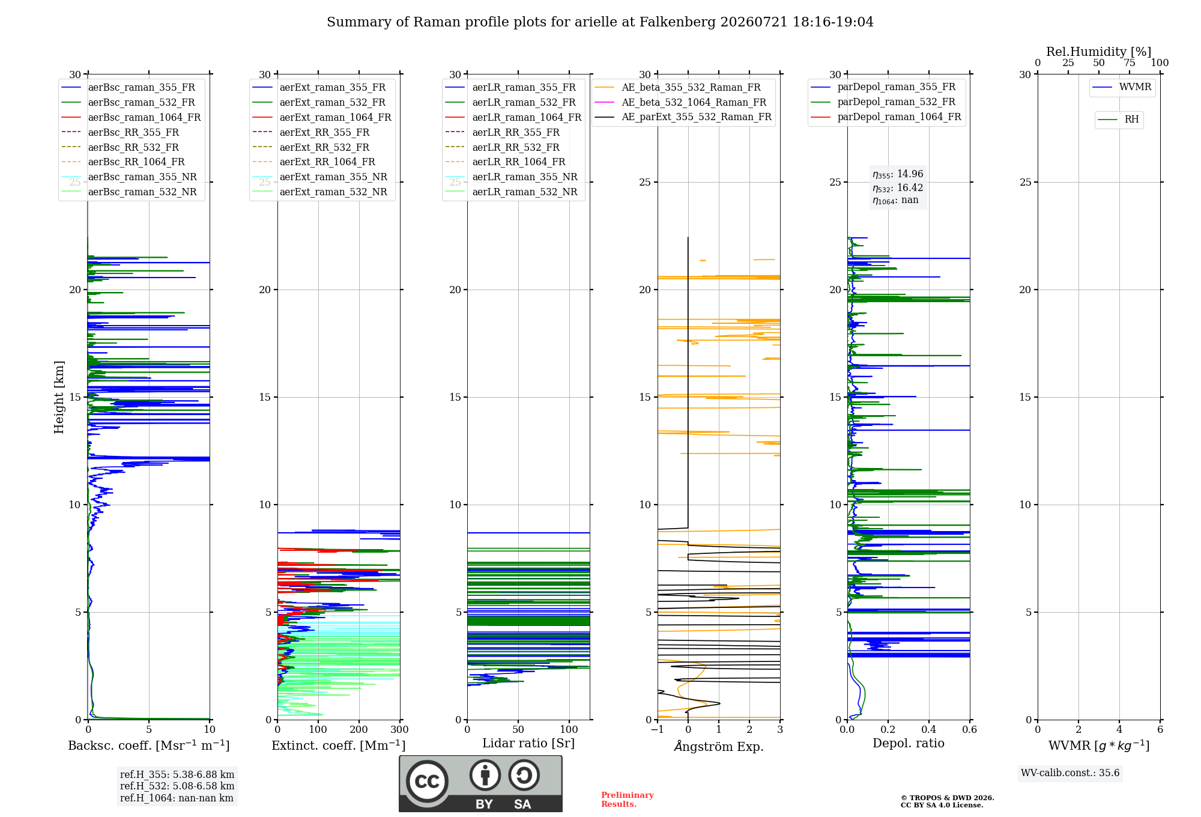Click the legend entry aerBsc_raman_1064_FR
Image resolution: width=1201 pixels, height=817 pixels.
pyautogui.click(x=131, y=117)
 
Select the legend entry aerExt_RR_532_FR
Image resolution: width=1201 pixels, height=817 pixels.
pyautogui.click(x=311, y=147)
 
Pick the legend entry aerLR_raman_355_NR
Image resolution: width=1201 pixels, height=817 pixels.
pyautogui.click(x=511, y=177)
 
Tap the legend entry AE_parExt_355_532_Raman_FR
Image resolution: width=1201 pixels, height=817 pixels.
pyautogui.click(x=683, y=117)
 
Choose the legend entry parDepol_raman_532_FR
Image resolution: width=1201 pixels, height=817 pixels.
pyautogui.click(x=883, y=102)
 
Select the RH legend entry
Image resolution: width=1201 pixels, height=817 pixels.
pyautogui.click(x=1119, y=120)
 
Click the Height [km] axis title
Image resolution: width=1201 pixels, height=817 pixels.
pyautogui.click(x=59, y=397)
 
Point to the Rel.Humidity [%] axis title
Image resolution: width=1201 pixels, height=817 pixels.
pyautogui.click(x=1099, y=52)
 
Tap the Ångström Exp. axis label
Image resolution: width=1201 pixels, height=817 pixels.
pyautogui.click(x=719, y=746)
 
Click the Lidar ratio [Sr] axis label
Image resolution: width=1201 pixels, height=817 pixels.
pyautogui.click(x=528, y=743)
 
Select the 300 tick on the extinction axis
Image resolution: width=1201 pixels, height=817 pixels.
pyautogui.click(x=400, y=729)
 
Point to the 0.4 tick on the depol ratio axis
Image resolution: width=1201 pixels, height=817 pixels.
pyautogui.click(x=929, y=729)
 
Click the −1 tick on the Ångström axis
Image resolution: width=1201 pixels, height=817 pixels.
pyautogui.click(x=658, y=729)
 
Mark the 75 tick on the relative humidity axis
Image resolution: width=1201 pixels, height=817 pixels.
pyautogui.click(x=1130, y=62)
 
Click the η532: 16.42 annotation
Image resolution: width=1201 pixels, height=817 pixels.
pyautogui.click(x=898, y=187)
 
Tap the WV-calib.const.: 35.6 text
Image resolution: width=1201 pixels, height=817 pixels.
pyautogui.click(x=1070, y=773)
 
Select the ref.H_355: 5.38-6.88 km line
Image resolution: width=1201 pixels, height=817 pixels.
pyautogui.click(x=177, y=774)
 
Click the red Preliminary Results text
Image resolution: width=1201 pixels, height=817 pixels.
pyautogui.click(x=628, y=800)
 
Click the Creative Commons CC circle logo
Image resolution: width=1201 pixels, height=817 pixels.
pyautogui.click(x=427, y=782)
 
